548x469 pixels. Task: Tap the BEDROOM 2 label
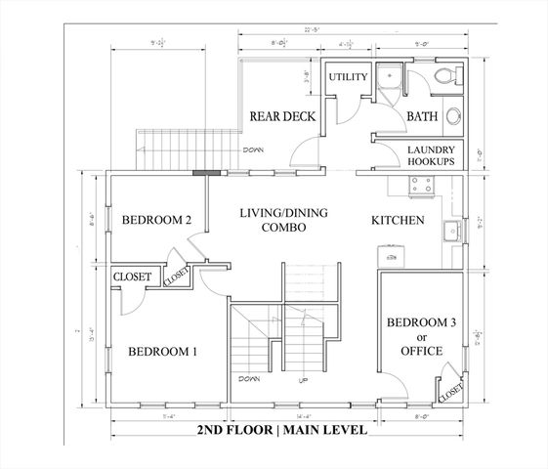point(154,221)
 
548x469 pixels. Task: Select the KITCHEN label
point(398,221)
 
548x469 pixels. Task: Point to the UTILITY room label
point(347,77)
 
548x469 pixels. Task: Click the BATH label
point(422,116)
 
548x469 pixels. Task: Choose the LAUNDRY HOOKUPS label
point(430,155)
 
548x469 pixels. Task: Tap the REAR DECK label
point(281,116)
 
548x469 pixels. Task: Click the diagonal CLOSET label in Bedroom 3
point(452,385)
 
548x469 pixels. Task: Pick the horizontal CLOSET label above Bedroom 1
point(132,277)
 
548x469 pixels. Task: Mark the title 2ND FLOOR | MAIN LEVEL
point(281,430)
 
